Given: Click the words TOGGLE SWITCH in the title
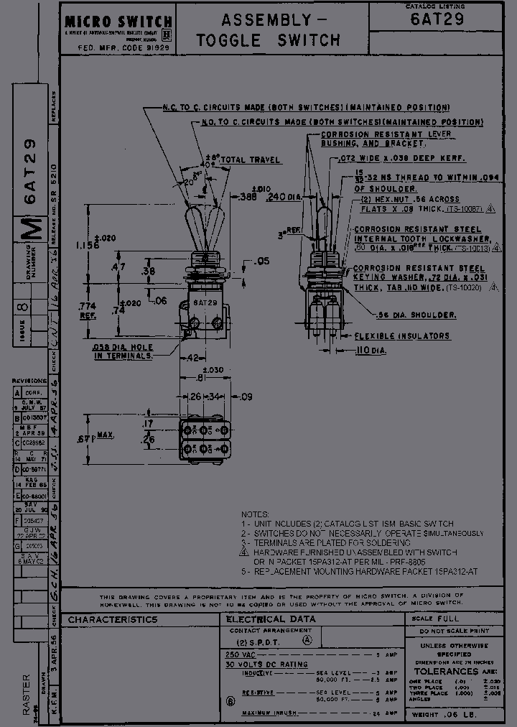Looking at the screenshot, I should (x=269, y=41).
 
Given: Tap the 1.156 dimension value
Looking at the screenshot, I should (x=88, y=245).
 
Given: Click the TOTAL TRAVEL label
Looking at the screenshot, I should (x=250, y=159).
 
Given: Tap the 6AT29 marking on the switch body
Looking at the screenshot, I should (x=205, y=302).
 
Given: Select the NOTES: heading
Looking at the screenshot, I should (x=255, y=515).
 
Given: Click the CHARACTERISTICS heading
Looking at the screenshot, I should (x=113, y=619).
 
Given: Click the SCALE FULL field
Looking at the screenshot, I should (x=435, y=619).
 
